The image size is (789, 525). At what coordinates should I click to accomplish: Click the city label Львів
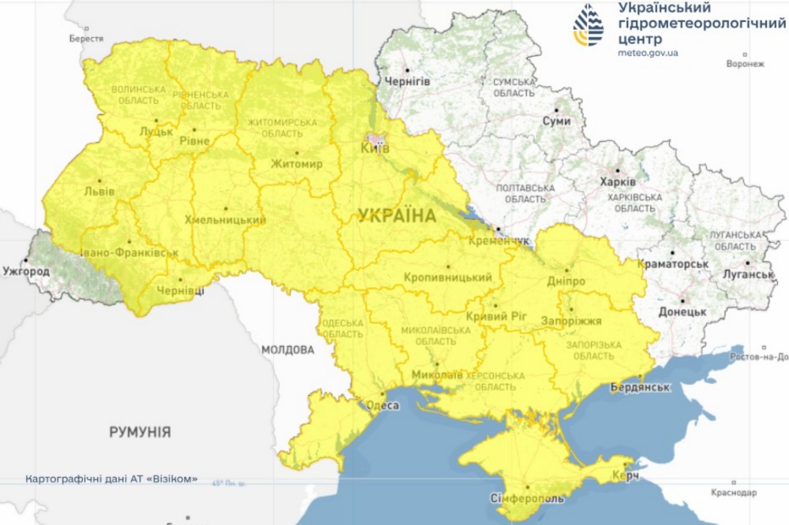coord(99,192)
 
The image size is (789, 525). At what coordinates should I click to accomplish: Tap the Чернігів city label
coord(407,81)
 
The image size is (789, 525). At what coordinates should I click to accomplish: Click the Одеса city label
coord(383,406)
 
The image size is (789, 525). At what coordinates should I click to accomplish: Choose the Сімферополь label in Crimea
coord(528,500)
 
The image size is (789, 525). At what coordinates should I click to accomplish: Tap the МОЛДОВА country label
coord(288,349)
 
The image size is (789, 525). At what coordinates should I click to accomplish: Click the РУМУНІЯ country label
coord(140,432)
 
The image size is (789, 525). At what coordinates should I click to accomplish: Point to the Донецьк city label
coord(682,311)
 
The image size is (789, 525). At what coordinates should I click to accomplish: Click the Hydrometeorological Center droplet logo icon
coord(589,26)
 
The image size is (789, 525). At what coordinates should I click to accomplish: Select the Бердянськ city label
coord(640,387)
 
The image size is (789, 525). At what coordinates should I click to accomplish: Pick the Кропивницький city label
coord(447,277)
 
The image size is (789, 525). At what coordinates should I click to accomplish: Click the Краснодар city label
coord(733,493)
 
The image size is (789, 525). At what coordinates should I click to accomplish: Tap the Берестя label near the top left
coord(86,38)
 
